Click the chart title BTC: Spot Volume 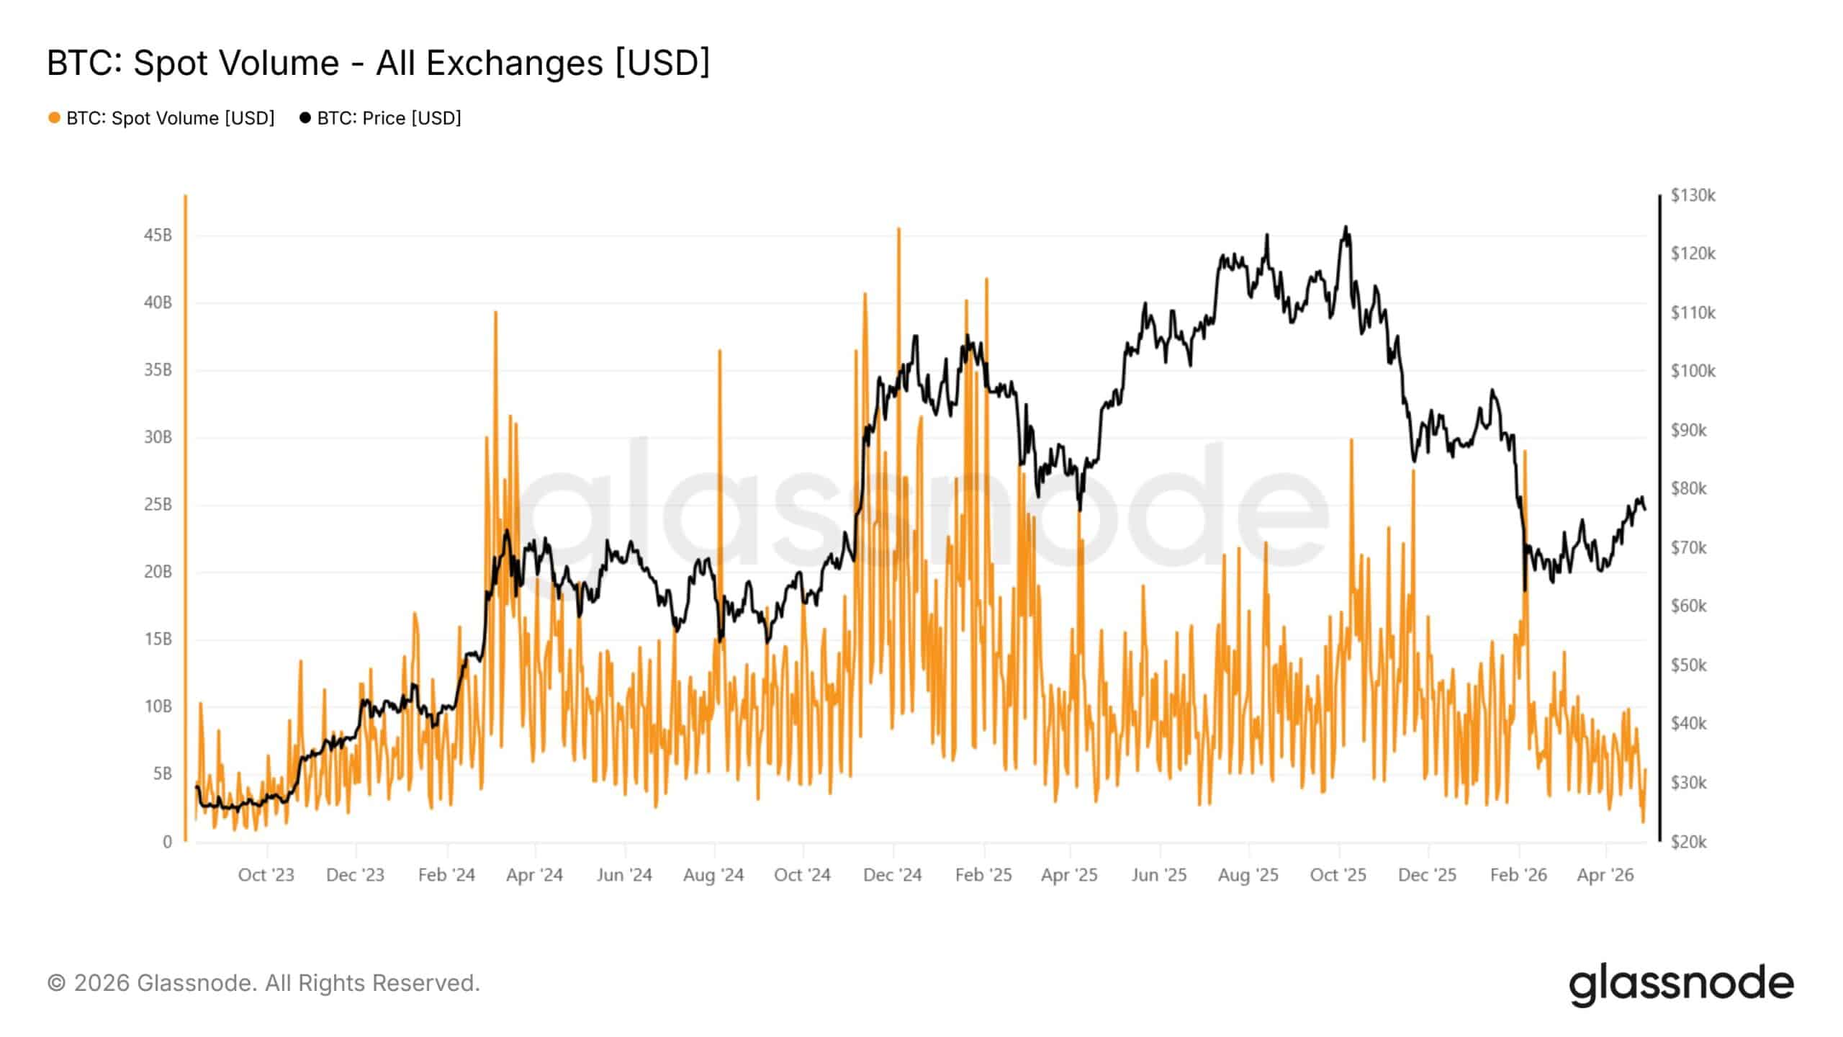378,63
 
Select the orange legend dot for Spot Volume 54,117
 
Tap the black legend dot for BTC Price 305,117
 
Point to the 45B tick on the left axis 158,235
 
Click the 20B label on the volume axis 158,572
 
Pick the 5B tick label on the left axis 162,774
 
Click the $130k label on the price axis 1693,195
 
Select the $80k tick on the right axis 1688,488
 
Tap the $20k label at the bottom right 1688,841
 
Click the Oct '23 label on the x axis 266,875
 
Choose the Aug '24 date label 713,875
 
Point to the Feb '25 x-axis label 983,875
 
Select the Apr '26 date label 1605,875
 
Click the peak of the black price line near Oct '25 1346,228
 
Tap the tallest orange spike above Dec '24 898,230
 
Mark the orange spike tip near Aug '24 719,351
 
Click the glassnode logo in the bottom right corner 1680,984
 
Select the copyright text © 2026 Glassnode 263,983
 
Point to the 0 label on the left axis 167,841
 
